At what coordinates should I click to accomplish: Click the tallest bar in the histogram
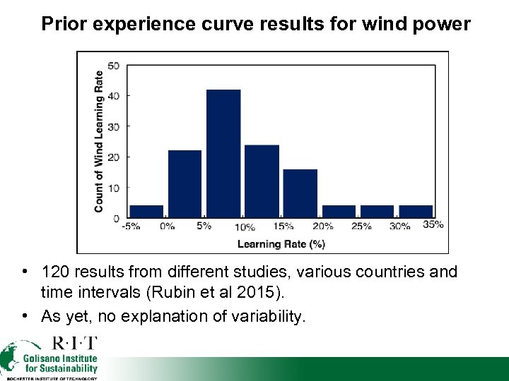pos(223,154)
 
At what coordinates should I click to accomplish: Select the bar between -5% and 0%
pos(146,212)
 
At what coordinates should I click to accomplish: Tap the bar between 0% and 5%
pos(185,184)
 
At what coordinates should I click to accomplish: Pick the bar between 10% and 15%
pos(262,181)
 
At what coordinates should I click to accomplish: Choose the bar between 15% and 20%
pos(300,193)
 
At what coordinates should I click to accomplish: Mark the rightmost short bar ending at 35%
pos(416,212)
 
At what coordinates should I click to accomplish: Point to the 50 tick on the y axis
pos(114,66)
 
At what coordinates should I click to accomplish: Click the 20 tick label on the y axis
pos(114,157)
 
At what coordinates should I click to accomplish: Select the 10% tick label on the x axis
pos(245,227)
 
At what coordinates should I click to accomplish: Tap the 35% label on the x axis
pos(433,225)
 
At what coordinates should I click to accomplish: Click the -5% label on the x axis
pos(130,226)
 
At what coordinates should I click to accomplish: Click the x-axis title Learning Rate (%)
pos(281,244)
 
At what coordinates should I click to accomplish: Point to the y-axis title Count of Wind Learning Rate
pos(99,141)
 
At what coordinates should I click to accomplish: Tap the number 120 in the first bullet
pos(56,272)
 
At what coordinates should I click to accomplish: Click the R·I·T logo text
pos(75,344)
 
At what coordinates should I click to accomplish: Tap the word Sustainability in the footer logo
pos(62,368)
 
